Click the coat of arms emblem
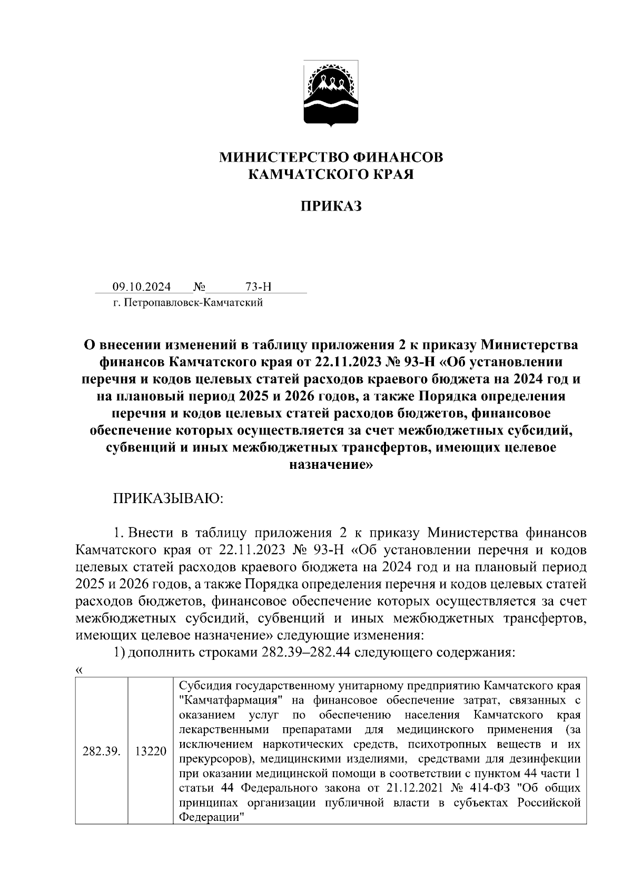[331, 94]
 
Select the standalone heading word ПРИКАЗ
[331, 206]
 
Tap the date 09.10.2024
[142, 287]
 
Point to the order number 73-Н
[258, 287]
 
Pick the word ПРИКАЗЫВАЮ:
[169, 498]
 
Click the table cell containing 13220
[151, 751]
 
